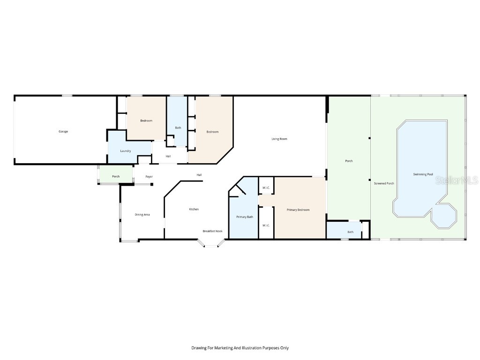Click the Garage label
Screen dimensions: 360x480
pos(63,131)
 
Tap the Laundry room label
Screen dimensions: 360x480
pos(125,151)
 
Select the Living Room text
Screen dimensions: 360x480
pos(279,139)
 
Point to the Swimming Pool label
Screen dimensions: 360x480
pos(423,174)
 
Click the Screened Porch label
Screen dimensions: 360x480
pos(384,183)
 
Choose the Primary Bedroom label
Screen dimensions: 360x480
pos(298,210)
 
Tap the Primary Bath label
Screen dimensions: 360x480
pos(245,217)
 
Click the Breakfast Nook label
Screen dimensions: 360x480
pos(212,231)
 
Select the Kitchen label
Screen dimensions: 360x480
pos(194,209)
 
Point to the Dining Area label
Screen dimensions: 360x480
pos(142,215)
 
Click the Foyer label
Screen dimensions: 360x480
pos(149,177)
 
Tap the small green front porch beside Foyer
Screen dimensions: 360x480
pos(115,176)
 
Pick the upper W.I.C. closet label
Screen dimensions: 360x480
pos(266,188)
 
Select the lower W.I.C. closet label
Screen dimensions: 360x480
pos(266,225)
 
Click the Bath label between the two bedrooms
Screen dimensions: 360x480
pos(178,127)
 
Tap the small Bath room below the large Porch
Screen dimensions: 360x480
pos(350,232)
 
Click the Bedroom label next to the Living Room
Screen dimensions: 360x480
pos(212,132)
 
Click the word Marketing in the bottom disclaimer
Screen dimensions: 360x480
pos(222,348)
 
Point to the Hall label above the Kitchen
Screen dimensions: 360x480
pos(199,175)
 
